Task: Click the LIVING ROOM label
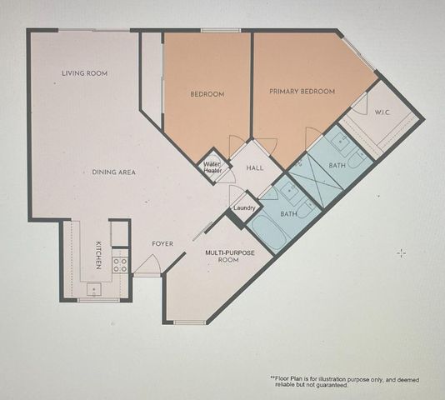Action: (85, 73)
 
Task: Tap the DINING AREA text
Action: (114, 172)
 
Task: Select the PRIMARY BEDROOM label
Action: (302, 91)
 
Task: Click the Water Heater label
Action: (212, 167)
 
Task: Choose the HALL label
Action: (255, 167)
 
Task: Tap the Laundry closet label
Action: (244, 207)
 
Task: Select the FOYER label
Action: (162, 243)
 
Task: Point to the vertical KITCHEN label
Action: (98, 254)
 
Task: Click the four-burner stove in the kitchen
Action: (120, 265)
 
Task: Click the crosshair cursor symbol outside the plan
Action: (402, 252)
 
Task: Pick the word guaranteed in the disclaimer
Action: (331, 386)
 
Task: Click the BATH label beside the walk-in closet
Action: (337, 166)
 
